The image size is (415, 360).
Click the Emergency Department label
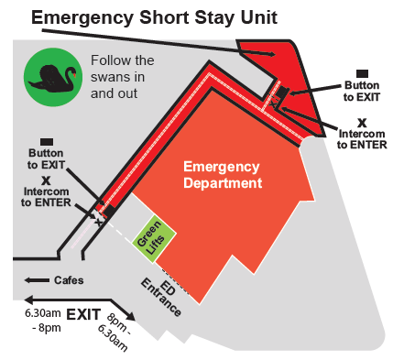pos(223,175)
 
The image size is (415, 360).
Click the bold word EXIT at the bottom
pos(82,314)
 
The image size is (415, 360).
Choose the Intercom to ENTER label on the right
pos(363,138)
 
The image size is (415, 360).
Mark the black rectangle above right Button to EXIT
pos(362,72)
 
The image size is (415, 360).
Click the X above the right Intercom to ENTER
pos(362,122)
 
